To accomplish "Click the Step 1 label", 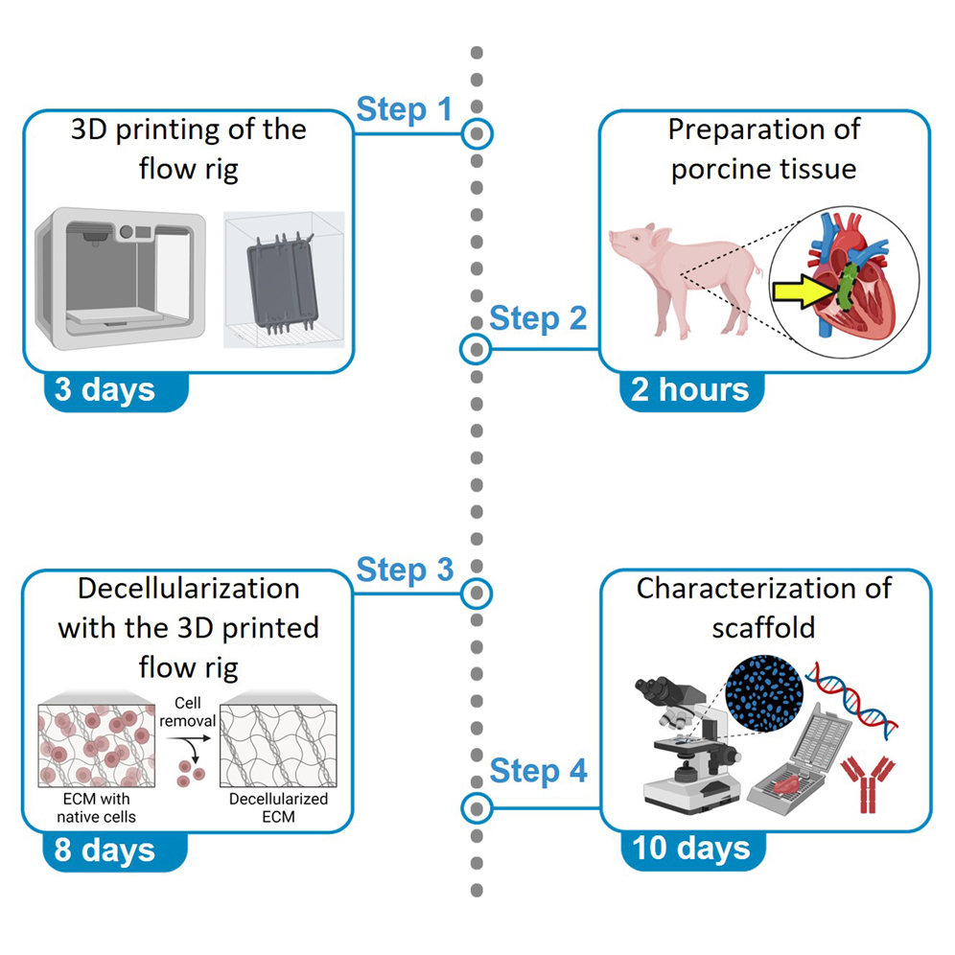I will point(404,109).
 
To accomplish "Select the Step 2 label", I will point(537,317).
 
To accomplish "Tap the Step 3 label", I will point(405,570).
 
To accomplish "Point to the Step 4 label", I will point(538,770).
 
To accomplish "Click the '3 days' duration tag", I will point(105,389).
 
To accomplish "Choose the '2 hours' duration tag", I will point(689,389).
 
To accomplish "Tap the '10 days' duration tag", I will point(690,849).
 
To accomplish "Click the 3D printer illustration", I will point(120,276).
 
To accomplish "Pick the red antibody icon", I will point(866,781).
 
